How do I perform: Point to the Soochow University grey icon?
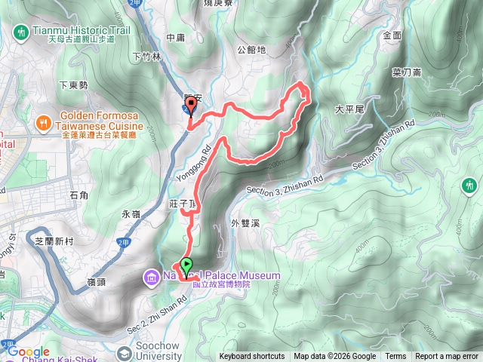pyautogui.click(x=124, y=352)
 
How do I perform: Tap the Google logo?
pyautogui.click(x=29, y=351)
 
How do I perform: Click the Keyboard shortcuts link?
pyautogui.click(x=251, y=357)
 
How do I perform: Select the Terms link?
pyautogui.click(x=395, y=357)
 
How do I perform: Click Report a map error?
pyautogui.click(x=448, y=357)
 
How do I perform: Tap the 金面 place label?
pyautogui.click(x=392, y=35)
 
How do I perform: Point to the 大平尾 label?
pyautogui.click(x=349, y=109)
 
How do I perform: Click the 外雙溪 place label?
pyautogui.click(x=246, y=223)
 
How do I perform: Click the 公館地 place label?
pyautogui.click(x=251, y=50)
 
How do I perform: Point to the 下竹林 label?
pyautogui.click(x=147, y=56)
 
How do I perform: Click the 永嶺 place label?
pyautogui.click(x=131, y=214)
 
